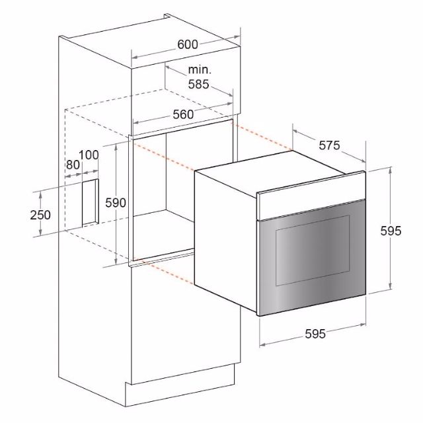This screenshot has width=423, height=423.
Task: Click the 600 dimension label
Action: tap(188, 44)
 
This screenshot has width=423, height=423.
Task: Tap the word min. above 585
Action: tap(200, 69)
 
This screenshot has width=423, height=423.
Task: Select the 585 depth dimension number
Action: tap(198, 84)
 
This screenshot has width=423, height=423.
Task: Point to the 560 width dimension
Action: tap(183, 114)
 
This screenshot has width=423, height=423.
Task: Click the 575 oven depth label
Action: tap(329, 145)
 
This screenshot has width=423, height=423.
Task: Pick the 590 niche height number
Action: tap(116, 203)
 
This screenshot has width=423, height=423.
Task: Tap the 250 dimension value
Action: tap(40, 215)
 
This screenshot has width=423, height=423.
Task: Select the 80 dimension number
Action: tap(73, 165)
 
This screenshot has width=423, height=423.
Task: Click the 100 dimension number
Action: tap(89, 155)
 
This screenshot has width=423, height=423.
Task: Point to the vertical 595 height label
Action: tap(391, 231)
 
